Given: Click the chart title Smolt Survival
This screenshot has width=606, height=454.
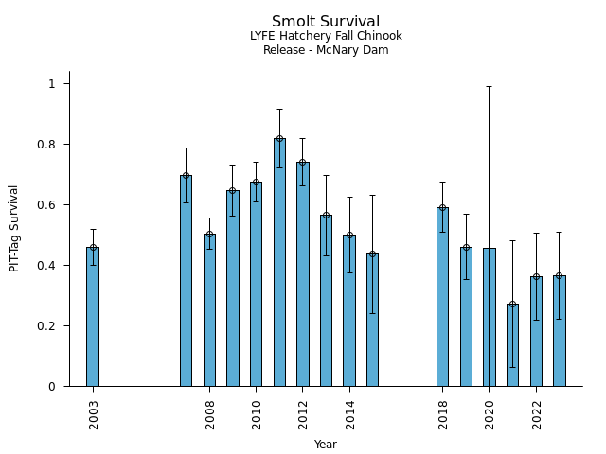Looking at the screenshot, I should pos(326,22).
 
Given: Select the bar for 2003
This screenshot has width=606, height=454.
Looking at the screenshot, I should pos(93,317).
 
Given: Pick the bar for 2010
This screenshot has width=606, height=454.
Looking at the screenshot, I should pos(256,284).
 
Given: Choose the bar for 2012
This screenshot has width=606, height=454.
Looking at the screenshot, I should pos(302,274).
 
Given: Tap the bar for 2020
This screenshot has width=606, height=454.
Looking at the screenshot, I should pos(490,317).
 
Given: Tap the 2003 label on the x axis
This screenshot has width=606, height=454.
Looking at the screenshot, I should pos(94,413).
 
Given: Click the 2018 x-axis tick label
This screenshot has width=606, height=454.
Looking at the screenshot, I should pos(443,413).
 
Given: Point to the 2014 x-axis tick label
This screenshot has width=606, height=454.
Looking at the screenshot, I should pos(350,413).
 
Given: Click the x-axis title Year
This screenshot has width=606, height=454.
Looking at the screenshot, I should pos(326,445).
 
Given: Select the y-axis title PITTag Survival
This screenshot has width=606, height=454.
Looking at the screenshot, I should pos(14,228).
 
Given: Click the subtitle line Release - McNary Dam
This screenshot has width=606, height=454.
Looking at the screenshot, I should pos(326,50).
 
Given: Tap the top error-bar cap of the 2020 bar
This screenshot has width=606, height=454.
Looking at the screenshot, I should pos(490,87).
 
